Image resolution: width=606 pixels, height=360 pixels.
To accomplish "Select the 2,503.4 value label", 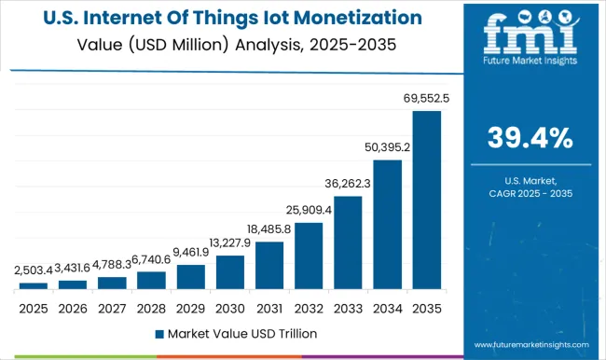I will click(33, 270).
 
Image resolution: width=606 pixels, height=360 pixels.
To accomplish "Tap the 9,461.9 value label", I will click(191, 252).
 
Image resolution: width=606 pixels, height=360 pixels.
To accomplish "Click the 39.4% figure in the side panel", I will click(530, 139).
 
